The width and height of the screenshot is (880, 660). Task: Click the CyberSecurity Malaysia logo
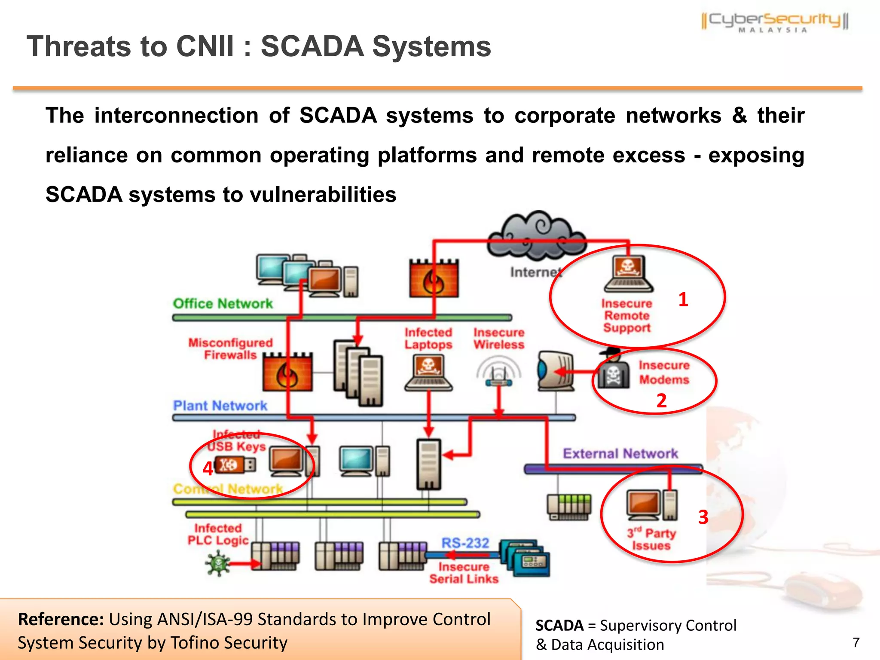(x=775, y=21)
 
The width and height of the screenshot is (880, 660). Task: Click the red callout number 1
(x=683, y=299)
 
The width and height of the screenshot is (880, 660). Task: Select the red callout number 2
(x=661, y=400)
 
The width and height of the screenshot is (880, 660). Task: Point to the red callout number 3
(x=703, y=517)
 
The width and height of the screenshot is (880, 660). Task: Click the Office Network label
(x=223, y=304)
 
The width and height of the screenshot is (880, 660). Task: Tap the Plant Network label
(x=220, y=406)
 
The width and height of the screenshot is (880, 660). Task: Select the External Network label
(x=620, y=453)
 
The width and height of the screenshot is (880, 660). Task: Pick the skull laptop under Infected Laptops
(x=428, y=373)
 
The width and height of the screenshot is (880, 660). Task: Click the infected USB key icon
(x=235, y=465)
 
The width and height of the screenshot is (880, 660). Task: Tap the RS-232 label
(x=465, y=543)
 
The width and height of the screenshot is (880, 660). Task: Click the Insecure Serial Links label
(x=464, y=573)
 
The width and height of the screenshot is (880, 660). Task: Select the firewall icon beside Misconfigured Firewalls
(x=287, y=372)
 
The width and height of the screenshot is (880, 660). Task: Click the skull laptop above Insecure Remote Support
(x=628, y=274)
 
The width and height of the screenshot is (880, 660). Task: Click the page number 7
(x=856, y=642)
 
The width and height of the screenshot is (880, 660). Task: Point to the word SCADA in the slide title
(x=312, y=46)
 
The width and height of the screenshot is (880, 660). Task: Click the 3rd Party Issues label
(x=651, y=539)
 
